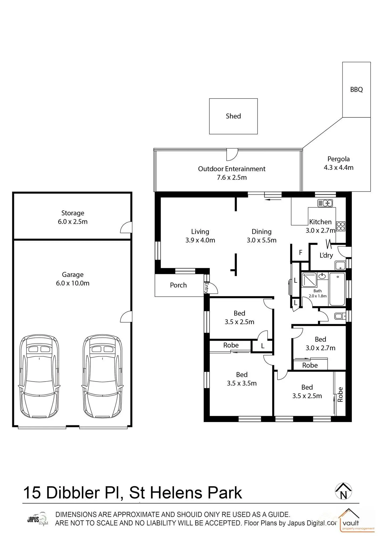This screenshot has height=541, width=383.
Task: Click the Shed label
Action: pos(233,116)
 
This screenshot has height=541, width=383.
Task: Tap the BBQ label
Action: pos(356,90)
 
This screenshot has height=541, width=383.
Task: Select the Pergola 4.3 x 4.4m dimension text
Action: pos(338,168)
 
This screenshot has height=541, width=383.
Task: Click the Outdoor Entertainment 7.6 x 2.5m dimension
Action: pos(232,177)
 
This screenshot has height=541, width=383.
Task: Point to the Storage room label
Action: pos(73,213)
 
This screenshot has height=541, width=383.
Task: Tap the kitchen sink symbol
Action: pos(325,203)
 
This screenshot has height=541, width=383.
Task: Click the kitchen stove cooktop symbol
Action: pos(341,226)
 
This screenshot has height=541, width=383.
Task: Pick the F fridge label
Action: pos(301,252)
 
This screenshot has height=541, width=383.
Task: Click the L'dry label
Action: pos(326,255)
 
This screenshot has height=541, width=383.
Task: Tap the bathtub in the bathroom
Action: pos(337,289)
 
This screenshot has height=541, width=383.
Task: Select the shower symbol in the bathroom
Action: pos(309,280)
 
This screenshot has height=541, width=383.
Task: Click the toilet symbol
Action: pos(339,316)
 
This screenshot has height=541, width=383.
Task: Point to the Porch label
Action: pos(178,285)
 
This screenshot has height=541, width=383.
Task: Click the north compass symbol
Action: pos(343,491)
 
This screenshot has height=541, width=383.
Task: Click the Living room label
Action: pos(200,232)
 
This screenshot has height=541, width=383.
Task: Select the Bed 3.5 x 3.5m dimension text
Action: pos(242,383)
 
